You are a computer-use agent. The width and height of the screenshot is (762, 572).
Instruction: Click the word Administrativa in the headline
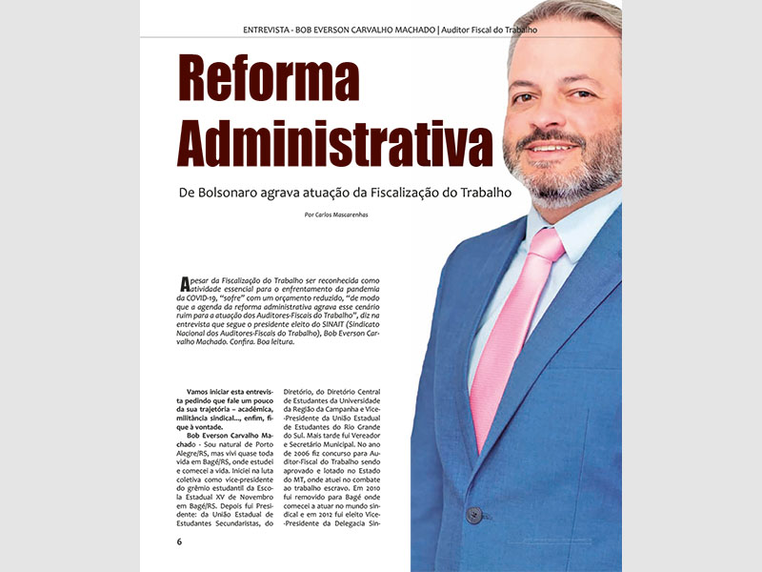336,143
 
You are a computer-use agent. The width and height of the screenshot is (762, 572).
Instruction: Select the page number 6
179,542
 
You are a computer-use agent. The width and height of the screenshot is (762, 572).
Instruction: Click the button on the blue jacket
473,515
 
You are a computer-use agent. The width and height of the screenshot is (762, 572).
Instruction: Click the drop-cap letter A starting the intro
185,284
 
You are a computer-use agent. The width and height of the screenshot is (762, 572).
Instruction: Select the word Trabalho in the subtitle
481,192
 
